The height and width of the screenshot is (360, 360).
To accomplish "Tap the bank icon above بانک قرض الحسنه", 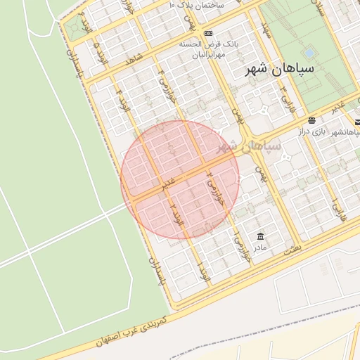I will point(208,33).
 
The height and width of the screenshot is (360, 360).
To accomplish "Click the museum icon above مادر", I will point(261,236).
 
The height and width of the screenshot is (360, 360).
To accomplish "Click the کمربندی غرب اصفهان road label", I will point(131,323).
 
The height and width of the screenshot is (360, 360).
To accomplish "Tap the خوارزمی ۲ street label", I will point(212,181).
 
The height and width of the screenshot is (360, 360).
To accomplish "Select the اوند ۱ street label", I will point(202,268).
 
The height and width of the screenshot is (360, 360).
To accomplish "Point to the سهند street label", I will point(265,30).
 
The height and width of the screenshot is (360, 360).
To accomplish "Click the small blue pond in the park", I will point(309,53).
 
